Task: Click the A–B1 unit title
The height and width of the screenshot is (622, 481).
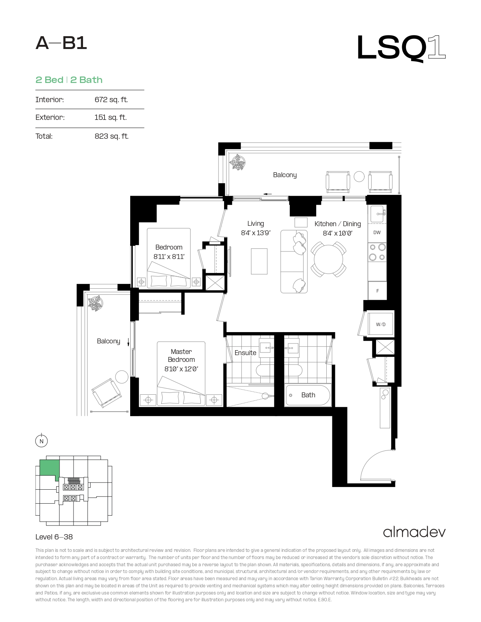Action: [61, 43]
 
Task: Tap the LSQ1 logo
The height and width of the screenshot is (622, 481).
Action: [401, 48]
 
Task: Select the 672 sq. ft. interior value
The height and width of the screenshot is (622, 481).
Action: [111, 100]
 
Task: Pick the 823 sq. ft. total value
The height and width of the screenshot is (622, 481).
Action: [111, 136]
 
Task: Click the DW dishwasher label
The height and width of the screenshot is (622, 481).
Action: [377, 233]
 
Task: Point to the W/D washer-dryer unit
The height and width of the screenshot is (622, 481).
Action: [381, 324]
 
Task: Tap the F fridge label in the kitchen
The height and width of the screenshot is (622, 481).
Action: [378, 291]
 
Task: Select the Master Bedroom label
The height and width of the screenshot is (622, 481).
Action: [181, 355]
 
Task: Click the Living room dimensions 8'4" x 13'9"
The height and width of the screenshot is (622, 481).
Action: [255, 233]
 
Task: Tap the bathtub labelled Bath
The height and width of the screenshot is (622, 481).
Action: [308, 395]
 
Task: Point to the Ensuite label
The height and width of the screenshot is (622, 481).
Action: [245, 352]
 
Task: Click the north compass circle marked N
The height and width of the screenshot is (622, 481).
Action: [41, 441]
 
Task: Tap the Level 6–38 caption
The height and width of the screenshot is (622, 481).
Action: [54, 537]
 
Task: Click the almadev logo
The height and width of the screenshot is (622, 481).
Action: [414, 532]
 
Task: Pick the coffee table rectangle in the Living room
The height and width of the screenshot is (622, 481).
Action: [259, 261]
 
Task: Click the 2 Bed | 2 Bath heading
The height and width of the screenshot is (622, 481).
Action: [69, 80]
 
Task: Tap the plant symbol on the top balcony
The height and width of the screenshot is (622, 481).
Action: [238, 162]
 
